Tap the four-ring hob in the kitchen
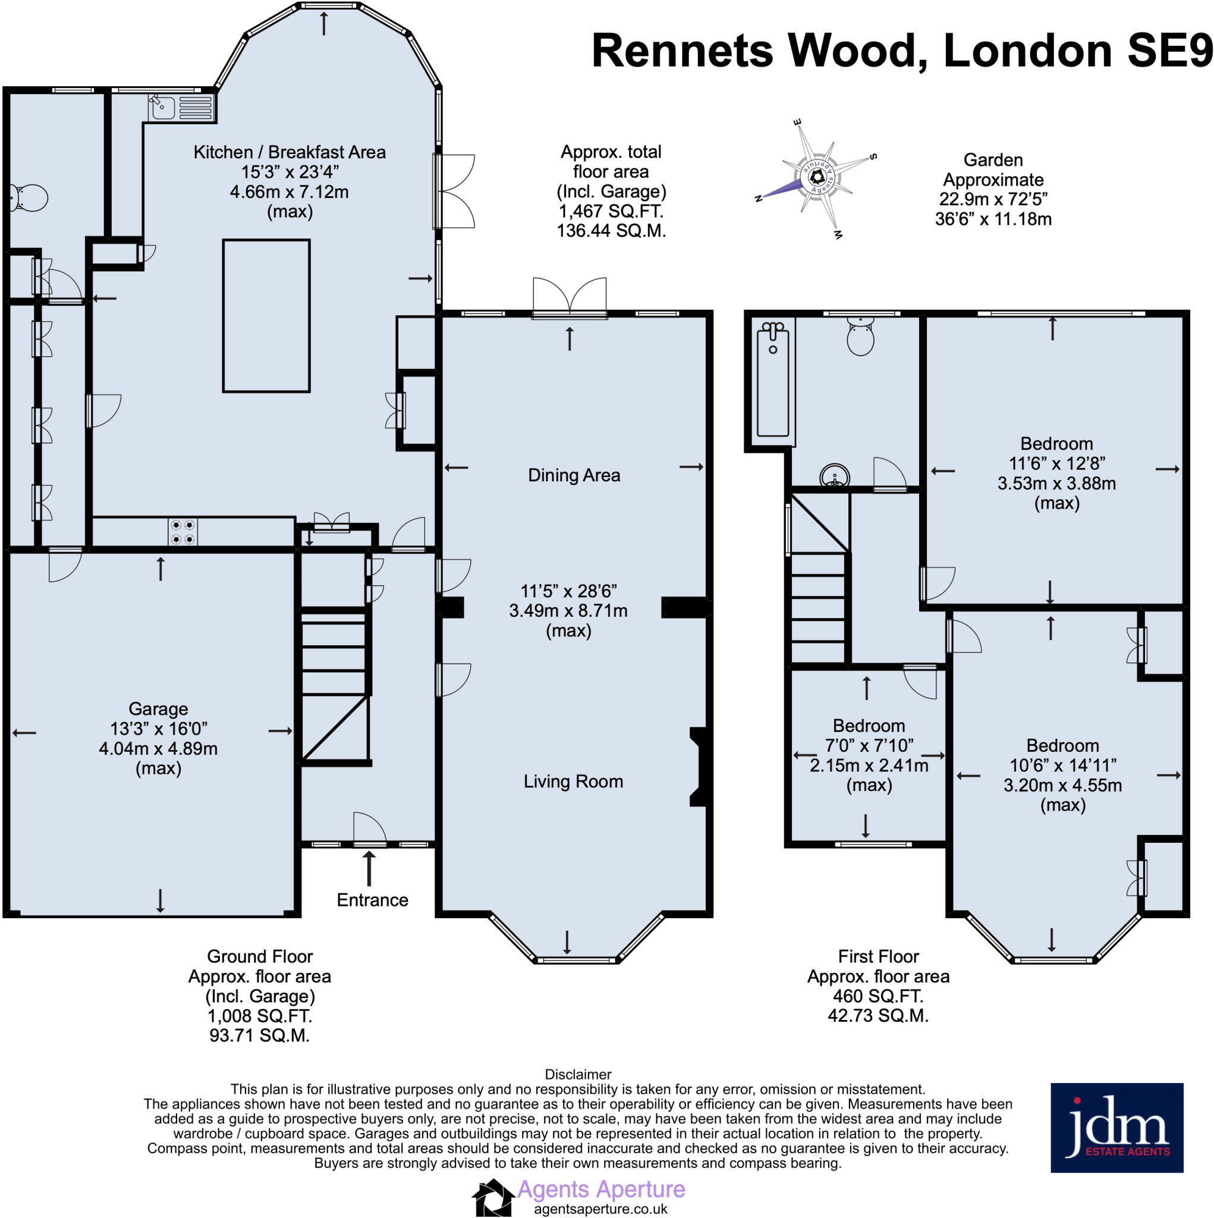click(182, 532)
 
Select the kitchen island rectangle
click(266, 316)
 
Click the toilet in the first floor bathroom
click(860, 336)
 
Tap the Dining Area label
click(574, 475)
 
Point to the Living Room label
click(573, 781)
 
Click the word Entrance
click(372, 900)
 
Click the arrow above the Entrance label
click(369, 868)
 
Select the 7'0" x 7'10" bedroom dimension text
click(869, 745)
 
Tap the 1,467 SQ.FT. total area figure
click(611, 211)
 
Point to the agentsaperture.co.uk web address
click(600, 1208)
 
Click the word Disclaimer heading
click(578, 1074)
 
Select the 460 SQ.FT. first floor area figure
click(878, 996)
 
